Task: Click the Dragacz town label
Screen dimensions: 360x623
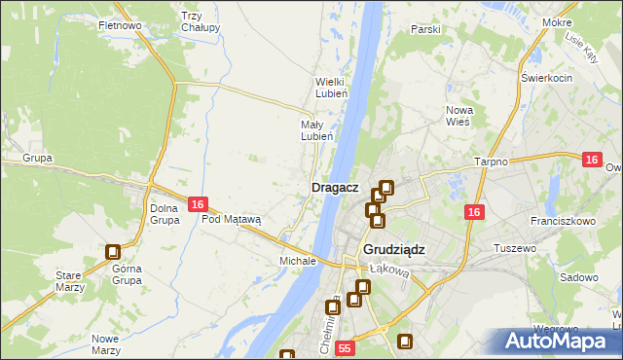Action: click(x=335, y=187)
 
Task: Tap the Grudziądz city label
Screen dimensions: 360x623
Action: click(x=394, y=249)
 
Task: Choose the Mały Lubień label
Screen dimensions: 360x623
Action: click(x=317, y=130)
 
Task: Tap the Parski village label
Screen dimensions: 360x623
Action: click(x=425, y=29)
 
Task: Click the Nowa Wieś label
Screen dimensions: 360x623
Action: click(x=458, y=116)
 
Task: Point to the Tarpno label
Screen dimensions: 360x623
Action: click(x=491, y=162)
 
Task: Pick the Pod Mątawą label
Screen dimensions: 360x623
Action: click(x=232, y=219)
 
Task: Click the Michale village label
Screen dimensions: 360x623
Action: click(x=298, y=261)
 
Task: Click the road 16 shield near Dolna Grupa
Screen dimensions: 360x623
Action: click(x=198, y=204)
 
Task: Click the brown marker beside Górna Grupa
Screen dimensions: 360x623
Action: click(x=113, y=252)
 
